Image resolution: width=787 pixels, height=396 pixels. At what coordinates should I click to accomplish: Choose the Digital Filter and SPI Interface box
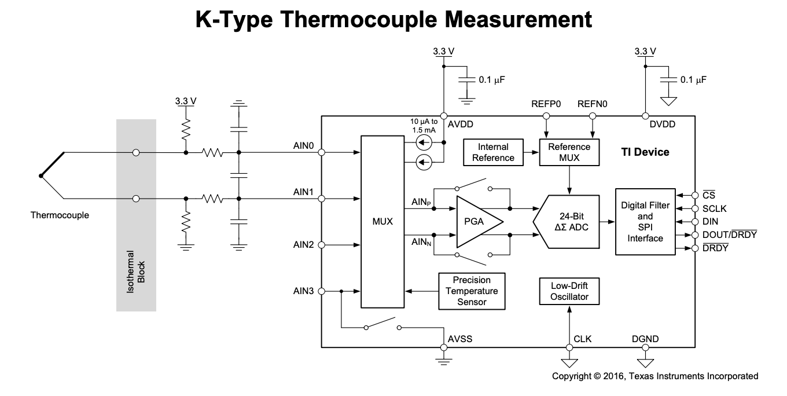[645, 222]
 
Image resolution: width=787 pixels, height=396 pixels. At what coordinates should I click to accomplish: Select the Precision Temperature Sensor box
[472, 290]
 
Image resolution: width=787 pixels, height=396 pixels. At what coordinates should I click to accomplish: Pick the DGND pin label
[645, 339]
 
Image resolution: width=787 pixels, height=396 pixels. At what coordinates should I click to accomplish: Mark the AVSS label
[460, 339]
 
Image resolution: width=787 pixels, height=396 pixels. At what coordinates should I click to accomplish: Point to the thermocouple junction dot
[40, 175]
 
